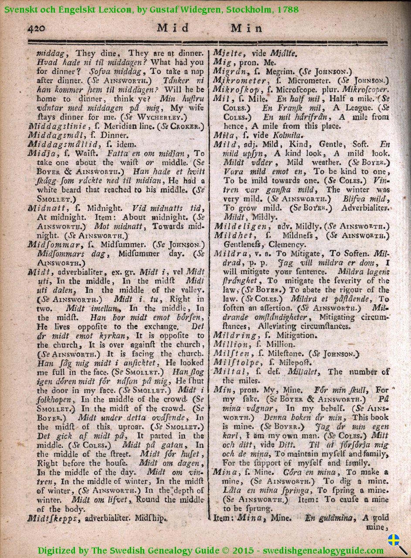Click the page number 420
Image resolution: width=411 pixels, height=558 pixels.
coord(38,28)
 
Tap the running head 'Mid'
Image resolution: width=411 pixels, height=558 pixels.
coord(173,28)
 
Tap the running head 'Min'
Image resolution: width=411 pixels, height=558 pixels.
coord(247,28)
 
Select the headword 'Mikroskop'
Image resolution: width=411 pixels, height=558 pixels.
coord(238,89)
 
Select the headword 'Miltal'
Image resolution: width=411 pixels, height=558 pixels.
coord(227,372)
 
